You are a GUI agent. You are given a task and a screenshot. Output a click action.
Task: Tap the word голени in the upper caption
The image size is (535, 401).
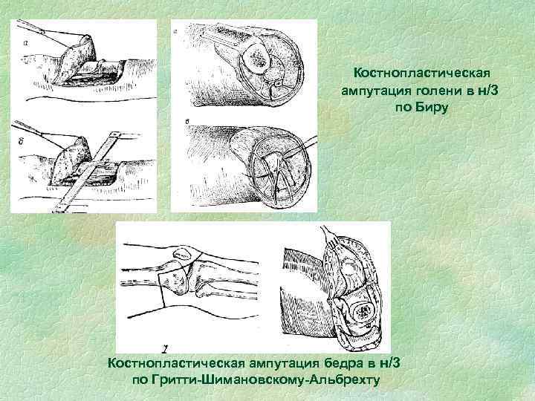(421, 91)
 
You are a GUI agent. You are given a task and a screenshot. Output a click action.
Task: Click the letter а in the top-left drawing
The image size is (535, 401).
(26, 44)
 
